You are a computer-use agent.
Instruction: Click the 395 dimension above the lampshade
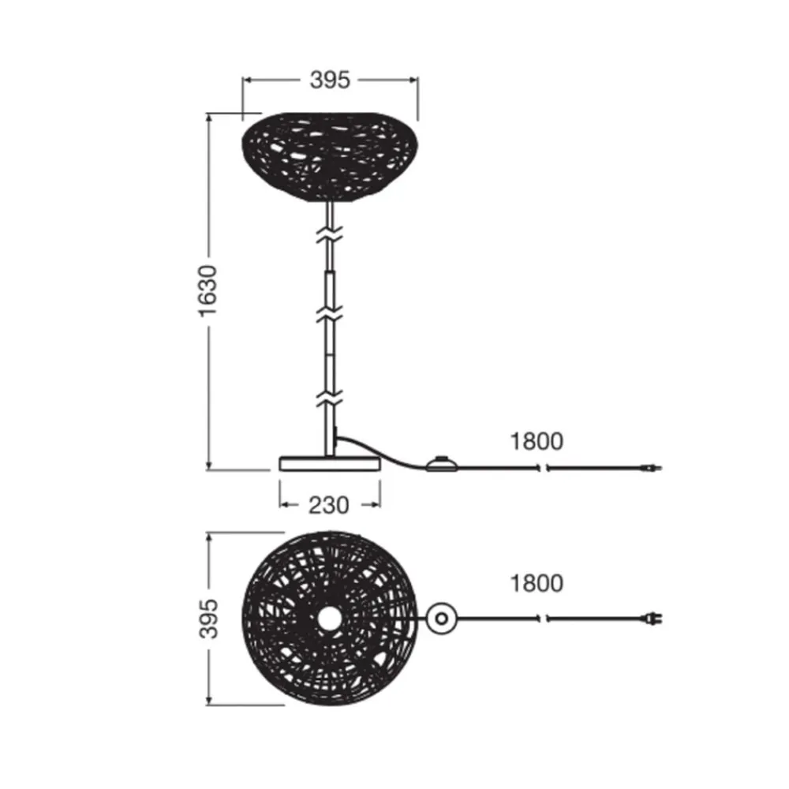pos(330,80)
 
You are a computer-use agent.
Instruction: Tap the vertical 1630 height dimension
pos(207,291)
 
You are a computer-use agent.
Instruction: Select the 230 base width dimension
pos(328,505)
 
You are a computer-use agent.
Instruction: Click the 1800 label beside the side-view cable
pos(537,441)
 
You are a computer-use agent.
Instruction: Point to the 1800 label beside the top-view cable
pos(537,583)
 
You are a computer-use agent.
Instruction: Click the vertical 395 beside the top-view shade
pos(208,619)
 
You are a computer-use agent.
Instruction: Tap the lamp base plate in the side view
pos(330,463)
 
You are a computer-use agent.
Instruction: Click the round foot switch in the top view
pos(441,619)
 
